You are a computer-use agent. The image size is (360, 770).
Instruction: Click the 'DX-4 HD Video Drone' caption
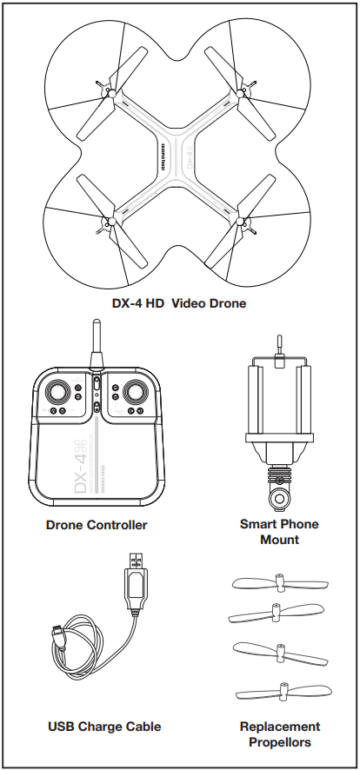click(x=180, y=303)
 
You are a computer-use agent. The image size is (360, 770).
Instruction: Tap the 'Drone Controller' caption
click(x=97, y=525)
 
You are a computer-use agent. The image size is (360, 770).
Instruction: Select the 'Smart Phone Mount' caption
click(x=279, y=532)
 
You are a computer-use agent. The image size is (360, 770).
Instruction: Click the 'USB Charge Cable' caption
click(x=104, y=727)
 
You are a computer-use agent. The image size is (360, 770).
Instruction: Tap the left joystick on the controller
click(x=59, y=392)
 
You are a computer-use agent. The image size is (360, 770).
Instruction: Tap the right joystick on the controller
click(x=135, y=392)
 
